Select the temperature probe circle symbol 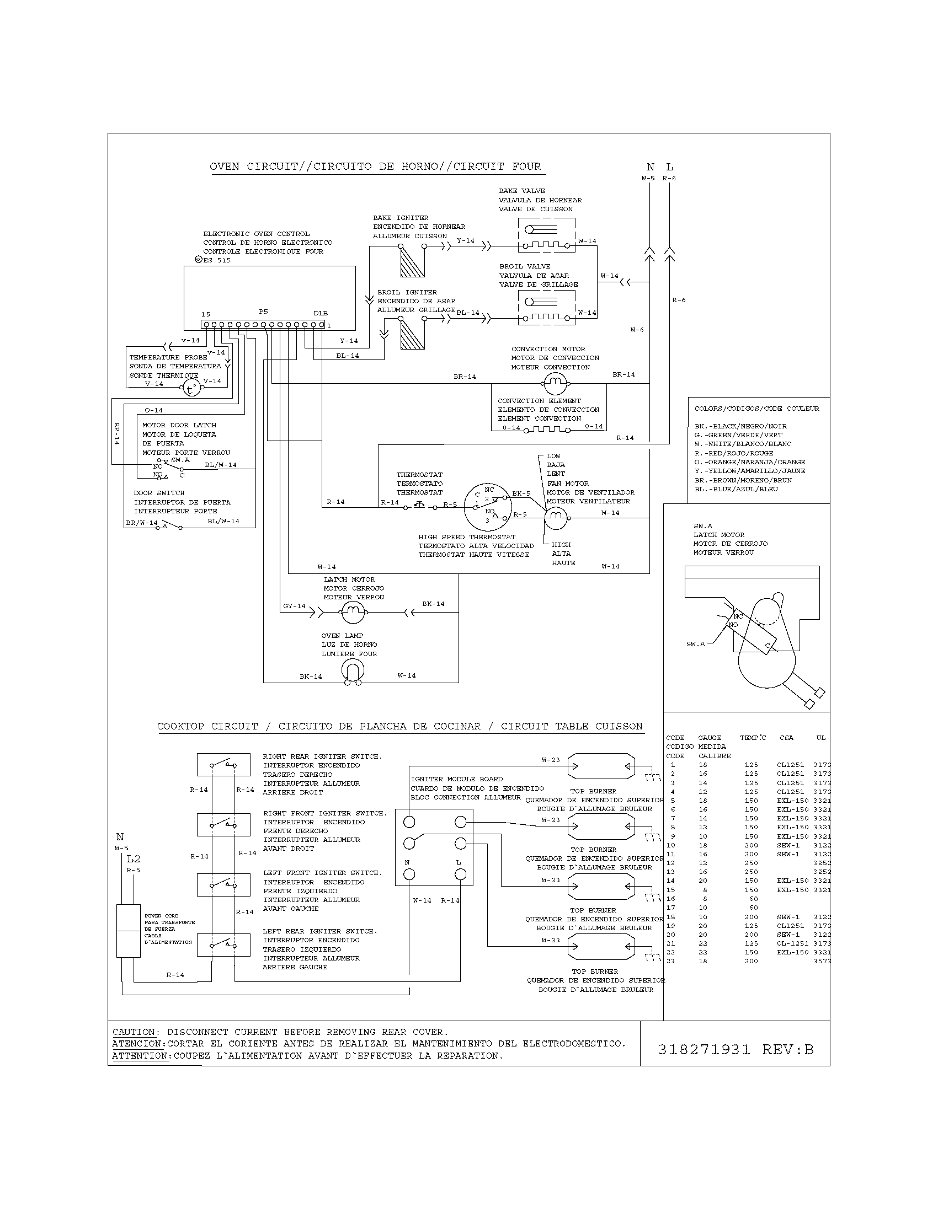click(x=191, y=388)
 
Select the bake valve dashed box click(x=546, y=235)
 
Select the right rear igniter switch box click(x=223, y=765)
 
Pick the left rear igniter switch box click(x=223, y=944)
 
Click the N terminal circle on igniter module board click(x=409, y=875)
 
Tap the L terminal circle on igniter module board click(x=460, y=875)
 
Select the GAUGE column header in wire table click(x=710, y=738)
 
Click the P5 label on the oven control click(x=263, y=312)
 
